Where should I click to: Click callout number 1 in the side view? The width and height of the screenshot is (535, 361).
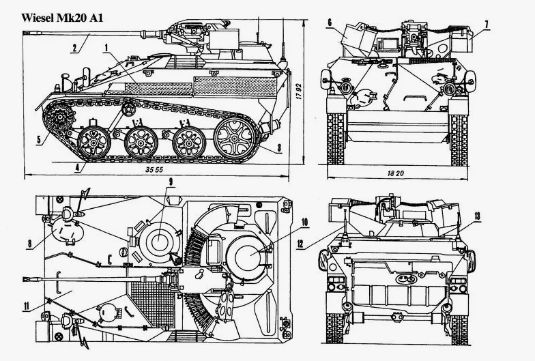pyautogui.click(x=106, y=46)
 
